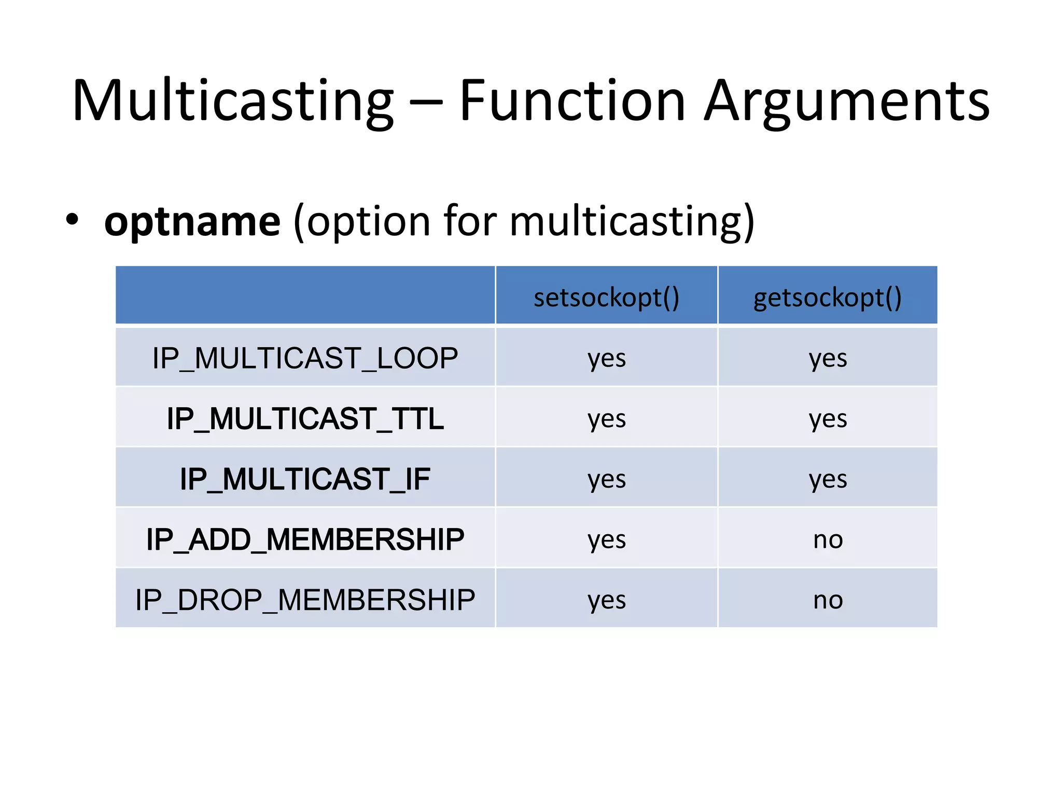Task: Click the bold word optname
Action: point(192,222)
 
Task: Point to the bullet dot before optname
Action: point(72,220)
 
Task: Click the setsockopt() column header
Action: point(606,297)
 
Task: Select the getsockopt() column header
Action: point(828,297)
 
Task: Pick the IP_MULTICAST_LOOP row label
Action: point(305,358)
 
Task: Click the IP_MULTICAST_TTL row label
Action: point(305,418)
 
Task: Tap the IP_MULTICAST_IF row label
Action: point(305,479)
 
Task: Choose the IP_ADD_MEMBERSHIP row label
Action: point(305,539)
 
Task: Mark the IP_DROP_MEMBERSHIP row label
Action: point(305,600)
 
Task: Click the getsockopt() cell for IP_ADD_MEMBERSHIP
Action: point(828,539)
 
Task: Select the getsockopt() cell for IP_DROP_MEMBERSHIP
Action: point(828,600)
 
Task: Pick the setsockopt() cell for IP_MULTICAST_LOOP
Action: point(606,358)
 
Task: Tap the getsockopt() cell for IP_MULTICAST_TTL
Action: point(828,418)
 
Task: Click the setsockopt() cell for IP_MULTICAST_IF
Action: point(606,479)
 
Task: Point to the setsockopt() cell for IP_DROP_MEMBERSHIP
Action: point(606,600)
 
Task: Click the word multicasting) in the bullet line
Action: point(632,222)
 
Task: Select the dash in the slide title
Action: point(426,103)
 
